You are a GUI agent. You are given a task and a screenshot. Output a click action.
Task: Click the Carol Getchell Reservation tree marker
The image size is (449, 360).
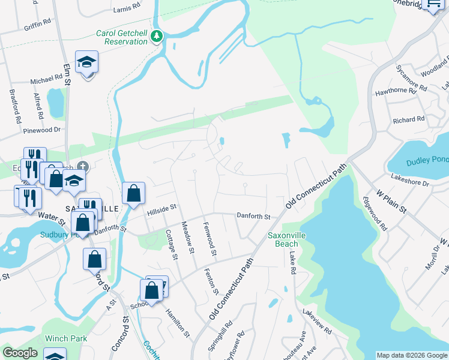tap(157, 37)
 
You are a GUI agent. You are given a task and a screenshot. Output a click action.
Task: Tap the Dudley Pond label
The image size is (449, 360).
tap(427, 161)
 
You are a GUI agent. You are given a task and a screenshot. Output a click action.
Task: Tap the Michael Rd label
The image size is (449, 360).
tap(47, 79)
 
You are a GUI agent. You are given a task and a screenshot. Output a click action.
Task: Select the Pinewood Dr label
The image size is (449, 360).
tap(41, 130)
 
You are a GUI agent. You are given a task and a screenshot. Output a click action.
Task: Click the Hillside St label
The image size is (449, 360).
tap(162, 208)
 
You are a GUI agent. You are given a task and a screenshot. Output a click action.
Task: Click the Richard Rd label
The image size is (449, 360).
tap(408, 120)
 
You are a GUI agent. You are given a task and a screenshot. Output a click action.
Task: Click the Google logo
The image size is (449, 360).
tap(20, 352)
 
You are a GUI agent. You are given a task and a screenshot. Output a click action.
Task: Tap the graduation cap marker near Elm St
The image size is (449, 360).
tap(86, 62)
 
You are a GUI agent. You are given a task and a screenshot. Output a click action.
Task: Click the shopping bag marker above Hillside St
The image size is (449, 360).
tap(133, 193)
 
